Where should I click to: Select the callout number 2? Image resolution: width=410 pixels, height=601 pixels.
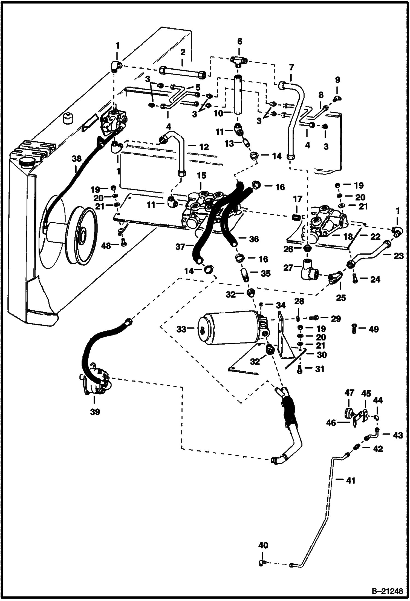point(183,52)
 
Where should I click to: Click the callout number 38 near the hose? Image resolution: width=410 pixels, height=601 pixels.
point(77,158)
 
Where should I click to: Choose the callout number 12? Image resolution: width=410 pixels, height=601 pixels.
point(204,147)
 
